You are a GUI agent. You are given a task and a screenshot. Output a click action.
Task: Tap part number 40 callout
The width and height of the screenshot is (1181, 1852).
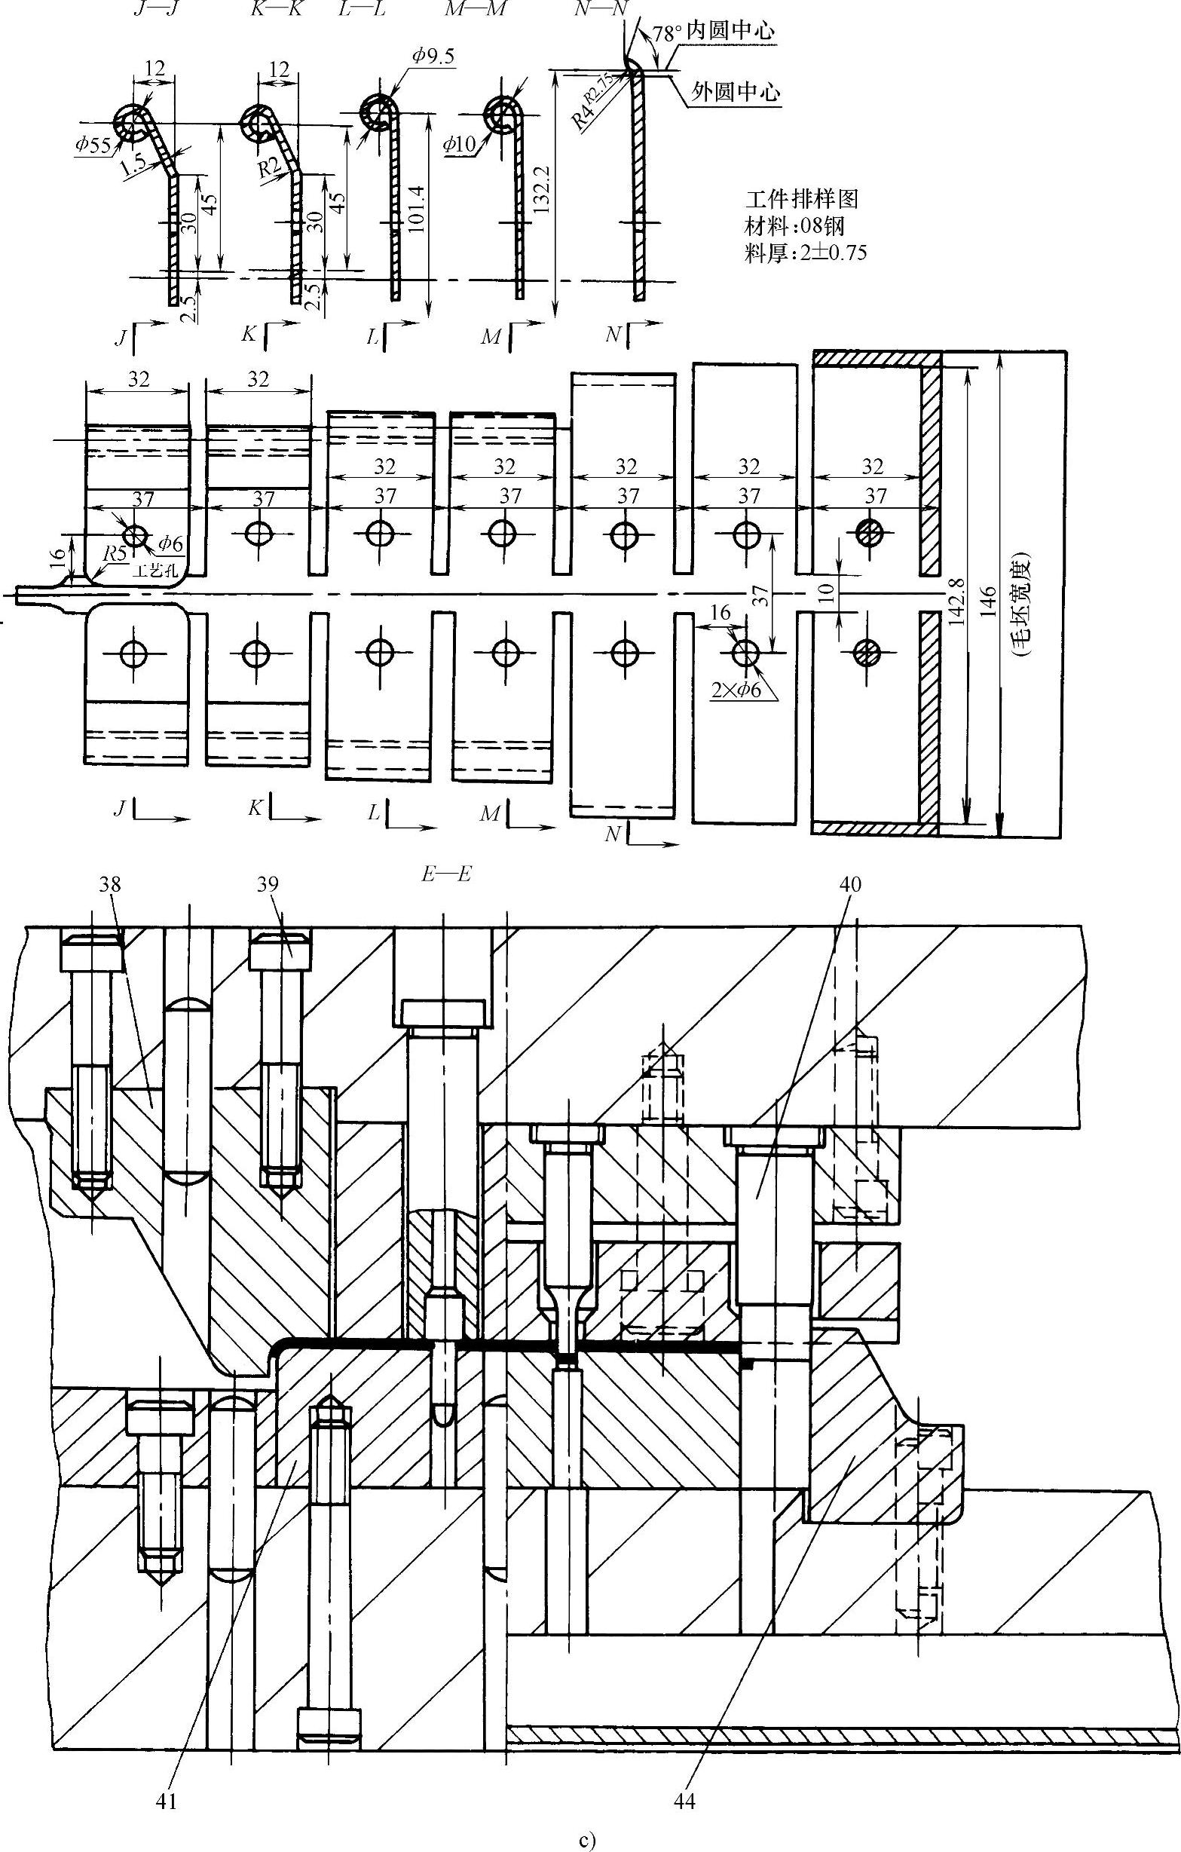pyautogui.click(x=850, y=885)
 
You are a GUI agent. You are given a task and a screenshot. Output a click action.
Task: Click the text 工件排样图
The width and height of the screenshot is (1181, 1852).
pyautogui.click(x=801, y=200)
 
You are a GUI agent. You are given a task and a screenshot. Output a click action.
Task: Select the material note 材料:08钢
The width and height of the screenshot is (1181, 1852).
pyautogui.click(x=796, y=227)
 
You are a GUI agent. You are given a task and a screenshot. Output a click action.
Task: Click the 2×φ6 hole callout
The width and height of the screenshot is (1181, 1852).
pyautogui.click(x=739, y=690)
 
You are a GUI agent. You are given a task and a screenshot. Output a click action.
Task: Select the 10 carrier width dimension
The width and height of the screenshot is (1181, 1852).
pyautogui.click(x=828, y=593)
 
